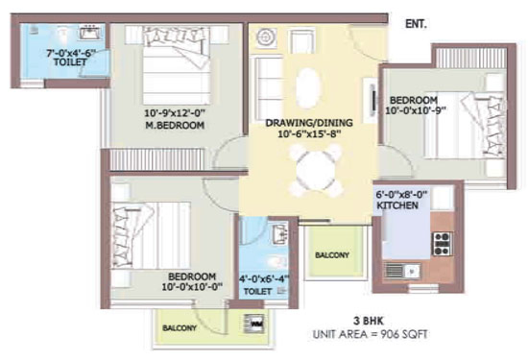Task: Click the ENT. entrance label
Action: click(x=416, y=24)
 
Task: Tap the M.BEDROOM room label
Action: click(x=175, y=125)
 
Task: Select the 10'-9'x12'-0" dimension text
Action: click(x=175, y=112)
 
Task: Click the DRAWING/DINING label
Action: click(x=309, y=123)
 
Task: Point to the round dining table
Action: click(x=317, y=171)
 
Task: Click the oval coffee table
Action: click(x=308, y=88)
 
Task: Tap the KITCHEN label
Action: click(x=397, y=205)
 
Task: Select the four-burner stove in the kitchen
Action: click(x=443, y=244)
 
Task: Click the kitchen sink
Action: click(x=402, y=270)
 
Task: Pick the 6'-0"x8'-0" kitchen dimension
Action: click(x=401, y=194)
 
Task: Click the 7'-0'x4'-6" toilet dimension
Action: click(x=71, y=53)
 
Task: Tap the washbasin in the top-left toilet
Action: click(x=90, y=33)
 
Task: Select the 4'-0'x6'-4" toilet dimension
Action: click(x=264, y=278)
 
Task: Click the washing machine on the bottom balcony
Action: click(x=254, y=324)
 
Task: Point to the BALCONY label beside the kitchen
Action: click(x=332, y=255)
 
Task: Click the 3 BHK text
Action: click(x=369, y=321)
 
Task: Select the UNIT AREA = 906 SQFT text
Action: click(x=371, y=334)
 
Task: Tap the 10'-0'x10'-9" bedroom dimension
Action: click(x=416, y=110)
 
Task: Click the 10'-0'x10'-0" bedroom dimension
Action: click(x=192, y=287)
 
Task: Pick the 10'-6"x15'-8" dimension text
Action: click(x=310, y=134)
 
